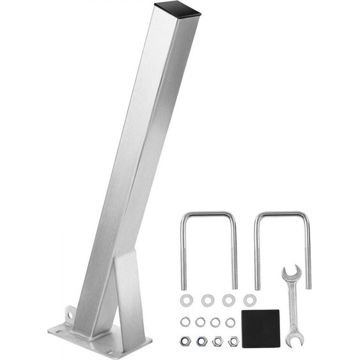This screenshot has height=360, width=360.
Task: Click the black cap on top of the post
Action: [x=177, y=9]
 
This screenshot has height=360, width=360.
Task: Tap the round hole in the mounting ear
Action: [x=66, y=313]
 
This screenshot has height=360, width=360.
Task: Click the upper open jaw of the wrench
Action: [x=292, y=275]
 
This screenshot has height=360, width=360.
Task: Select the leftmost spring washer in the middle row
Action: [x=185, y=322]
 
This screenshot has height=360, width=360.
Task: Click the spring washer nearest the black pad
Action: [x=230, y=322]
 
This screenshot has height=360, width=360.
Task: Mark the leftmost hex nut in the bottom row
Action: [x=185, y=341]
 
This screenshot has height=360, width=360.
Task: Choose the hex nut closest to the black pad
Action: [x=233, y=341]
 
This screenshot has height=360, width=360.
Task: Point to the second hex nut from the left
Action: [x=202, y=341]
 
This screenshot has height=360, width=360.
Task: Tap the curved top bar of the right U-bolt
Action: [x=282, y=214]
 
